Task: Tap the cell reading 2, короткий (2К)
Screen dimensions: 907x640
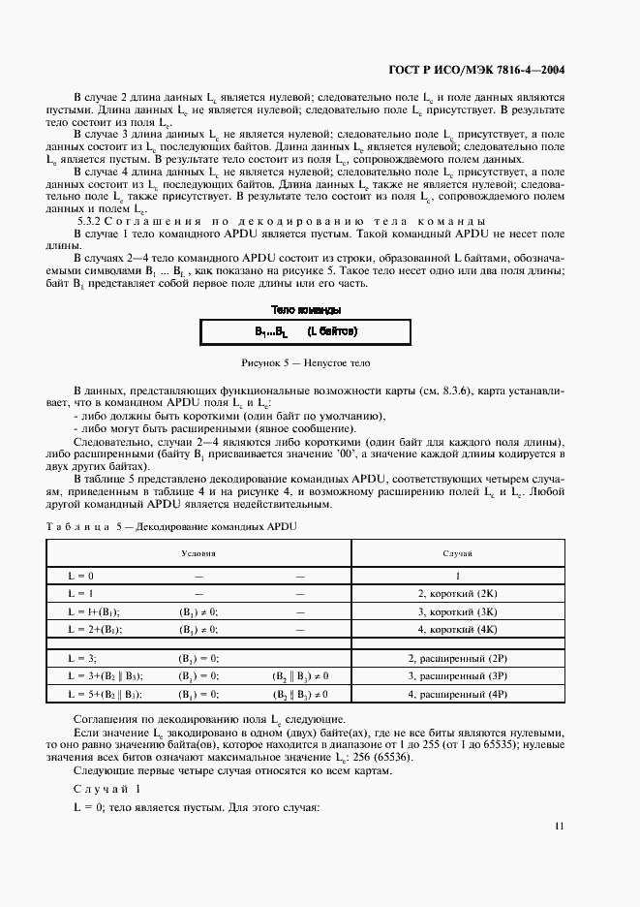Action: pyautogui.click(x=457, y=593)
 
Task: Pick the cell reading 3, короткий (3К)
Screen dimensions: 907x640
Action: pyautogui.click(x=457, y=611)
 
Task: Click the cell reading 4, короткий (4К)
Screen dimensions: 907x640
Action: pyautogui.click(x=457, y=630)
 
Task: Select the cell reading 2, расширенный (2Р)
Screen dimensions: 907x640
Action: pyautogui.click(x=457, y=658)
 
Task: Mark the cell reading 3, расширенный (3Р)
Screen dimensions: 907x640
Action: pyautogui.click(x=457, y=676)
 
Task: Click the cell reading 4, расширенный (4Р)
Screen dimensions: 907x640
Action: pyautogui.click(x=457, y=695)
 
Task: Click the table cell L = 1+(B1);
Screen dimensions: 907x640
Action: pyautogui.click(x=93, y=611)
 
